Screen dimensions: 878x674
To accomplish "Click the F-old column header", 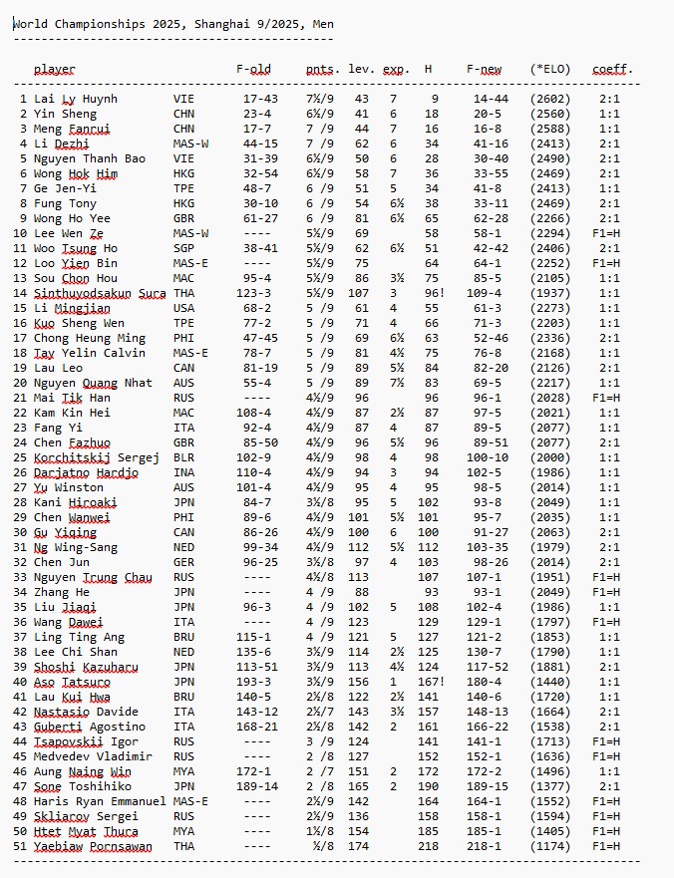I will coord(253,69).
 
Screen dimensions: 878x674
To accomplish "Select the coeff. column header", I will coord(612,69).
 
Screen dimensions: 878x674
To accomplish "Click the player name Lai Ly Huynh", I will coord(76,99).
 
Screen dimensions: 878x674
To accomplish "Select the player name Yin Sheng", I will coord(65,114).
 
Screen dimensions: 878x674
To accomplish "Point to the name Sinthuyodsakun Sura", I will coord(100,293).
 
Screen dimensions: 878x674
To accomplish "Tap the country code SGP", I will coord(184,248).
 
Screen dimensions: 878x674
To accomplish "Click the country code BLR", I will coord(184,457).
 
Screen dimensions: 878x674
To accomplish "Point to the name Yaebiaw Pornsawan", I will coord(93,846).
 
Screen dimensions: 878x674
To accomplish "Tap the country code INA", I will coord(184,472).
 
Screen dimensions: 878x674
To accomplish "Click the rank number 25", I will coord(20,457).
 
